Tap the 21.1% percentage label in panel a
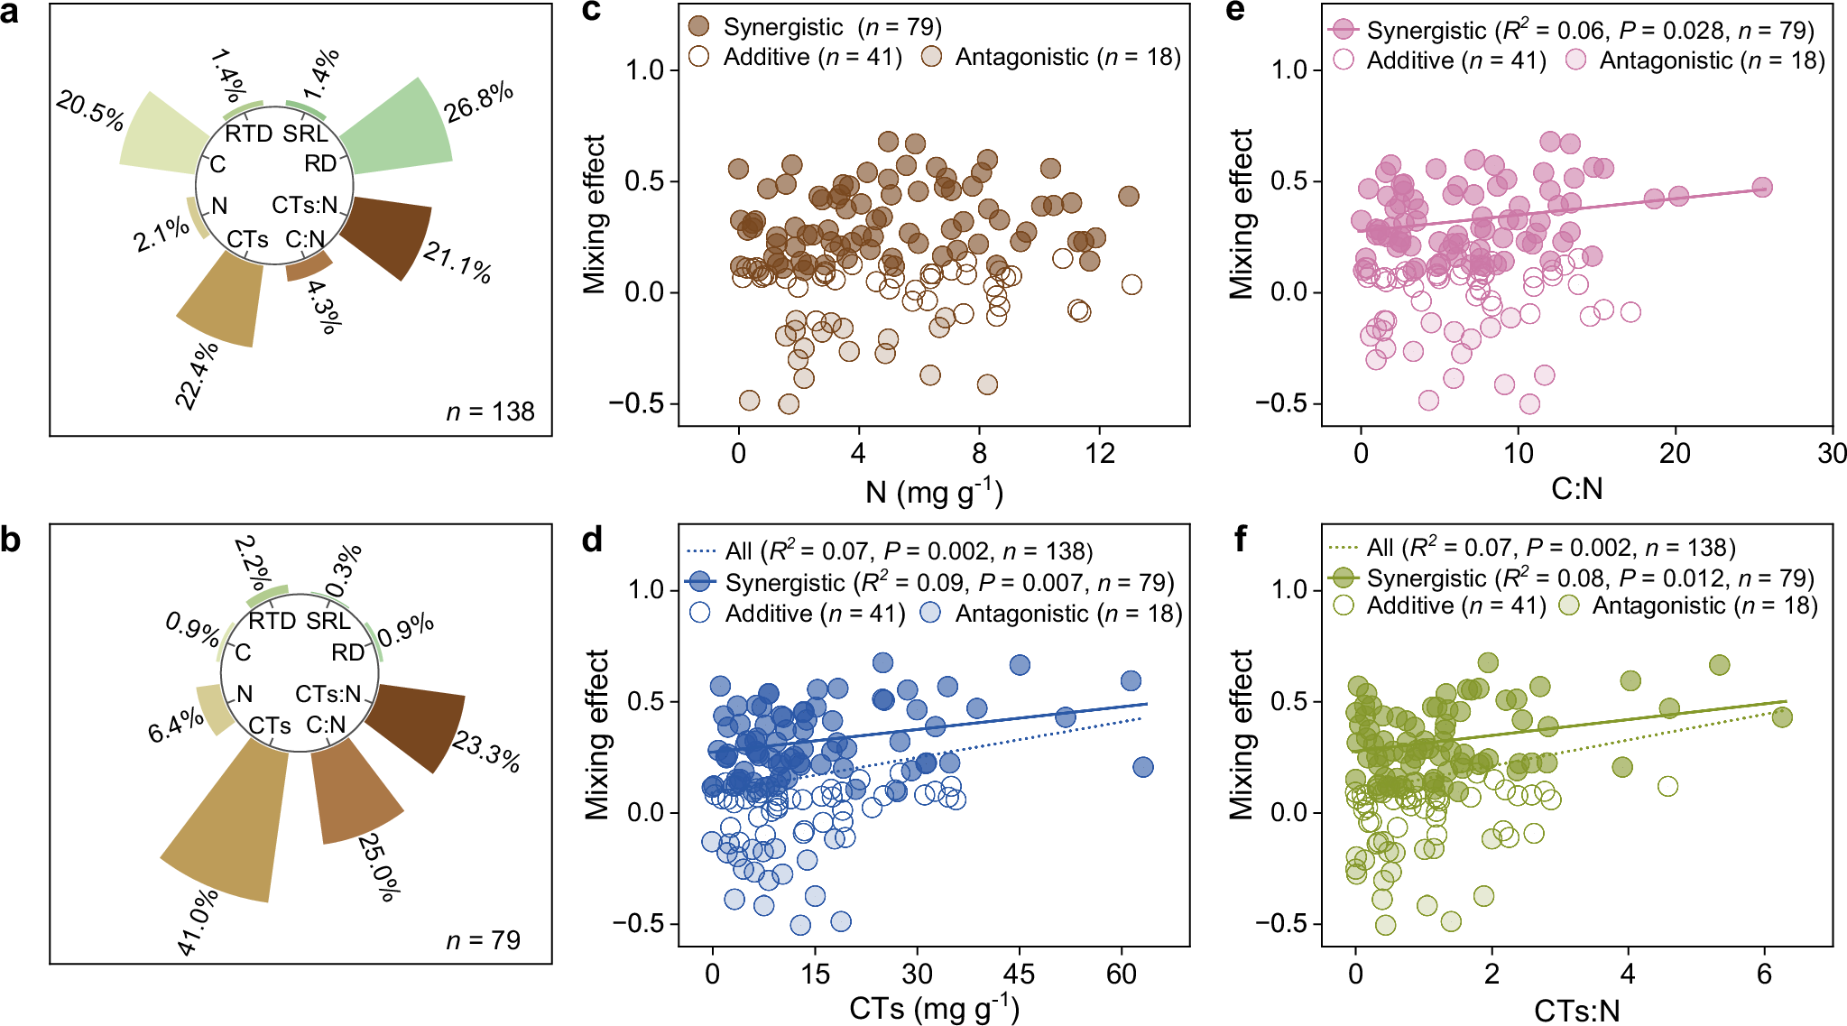(457, 263)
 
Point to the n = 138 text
(490, 412)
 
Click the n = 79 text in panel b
(483, 940)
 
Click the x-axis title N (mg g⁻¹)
(934, 492)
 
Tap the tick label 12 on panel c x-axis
(1100, 453)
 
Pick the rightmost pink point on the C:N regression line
(1761, 188)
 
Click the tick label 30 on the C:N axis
(1831, 453)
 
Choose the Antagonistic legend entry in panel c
(1051, 57)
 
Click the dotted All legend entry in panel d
(889, 550)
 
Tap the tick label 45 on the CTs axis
(1019, 974)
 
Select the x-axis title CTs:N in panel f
(1576, 1011)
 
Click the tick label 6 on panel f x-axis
(1764, 974)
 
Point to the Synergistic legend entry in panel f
(1570, 578)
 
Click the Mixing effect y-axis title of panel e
(1242, 214)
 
